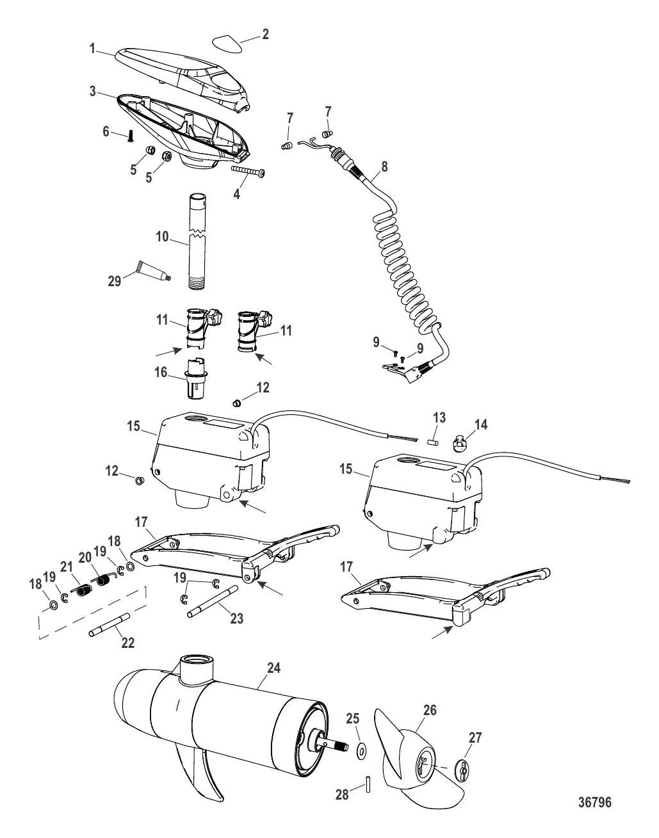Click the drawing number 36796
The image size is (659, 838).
(x=595, y=803)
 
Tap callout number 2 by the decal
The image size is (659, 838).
(x=265, y=35)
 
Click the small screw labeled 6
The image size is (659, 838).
(x=131, y=136)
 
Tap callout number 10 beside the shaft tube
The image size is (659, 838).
(x=162, y=236)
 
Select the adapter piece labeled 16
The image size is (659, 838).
(x=198, y=379)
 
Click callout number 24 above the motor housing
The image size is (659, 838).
(x=273, y=668)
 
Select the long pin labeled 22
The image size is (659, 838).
(x=110, y=625)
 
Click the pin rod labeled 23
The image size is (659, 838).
(x=212, y=602)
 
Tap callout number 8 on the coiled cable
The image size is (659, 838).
(x=384, y=166)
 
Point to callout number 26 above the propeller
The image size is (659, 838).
(x=430, y=710)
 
